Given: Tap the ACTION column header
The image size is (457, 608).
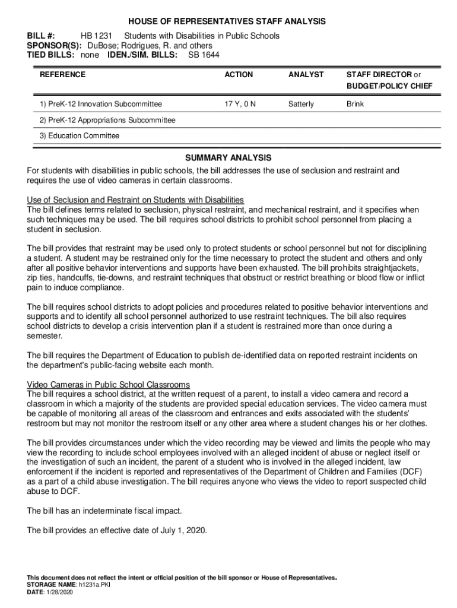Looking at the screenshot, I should click(x=239, y=75).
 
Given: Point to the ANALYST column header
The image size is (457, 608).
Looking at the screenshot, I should click(x=306, y=75).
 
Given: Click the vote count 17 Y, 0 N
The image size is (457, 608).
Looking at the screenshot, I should click(x=240, y=104).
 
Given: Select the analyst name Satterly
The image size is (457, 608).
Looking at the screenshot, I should click(x=301, y=104).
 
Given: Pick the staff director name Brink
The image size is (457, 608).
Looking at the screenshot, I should click(x=356, y=104).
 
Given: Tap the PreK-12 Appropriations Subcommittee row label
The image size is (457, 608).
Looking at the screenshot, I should click(x=107, y=120).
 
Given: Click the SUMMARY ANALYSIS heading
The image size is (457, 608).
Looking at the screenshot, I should click(x=228, y=158).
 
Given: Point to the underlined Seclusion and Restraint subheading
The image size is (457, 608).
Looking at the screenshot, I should click(x=135, y=200).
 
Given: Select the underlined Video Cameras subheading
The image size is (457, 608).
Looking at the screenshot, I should click(x=109, y=385).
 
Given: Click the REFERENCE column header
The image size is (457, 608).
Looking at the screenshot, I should click(x=62, y=75).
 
